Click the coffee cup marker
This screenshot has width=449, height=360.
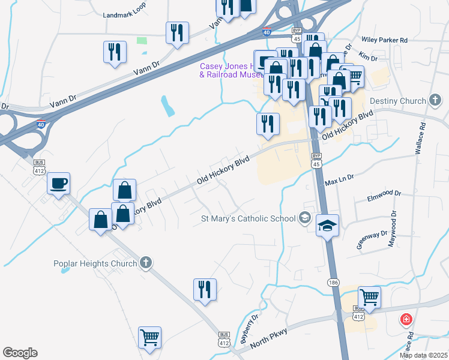point(58,182)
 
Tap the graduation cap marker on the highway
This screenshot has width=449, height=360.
point(327,226)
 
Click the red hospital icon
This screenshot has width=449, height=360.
point(407,319)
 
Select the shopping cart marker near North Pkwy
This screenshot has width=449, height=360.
point(369,297)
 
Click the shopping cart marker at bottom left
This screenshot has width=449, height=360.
point(149,337)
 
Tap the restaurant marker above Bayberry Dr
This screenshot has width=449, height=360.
point(205,290)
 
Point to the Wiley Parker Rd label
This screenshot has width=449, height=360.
point(384,40)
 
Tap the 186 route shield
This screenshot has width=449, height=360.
point(333,282)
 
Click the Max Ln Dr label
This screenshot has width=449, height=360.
point(340,179)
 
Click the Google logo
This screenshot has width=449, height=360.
point(20,353)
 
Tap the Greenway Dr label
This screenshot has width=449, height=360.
point(372,238)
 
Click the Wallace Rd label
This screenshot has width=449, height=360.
point(421,139)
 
